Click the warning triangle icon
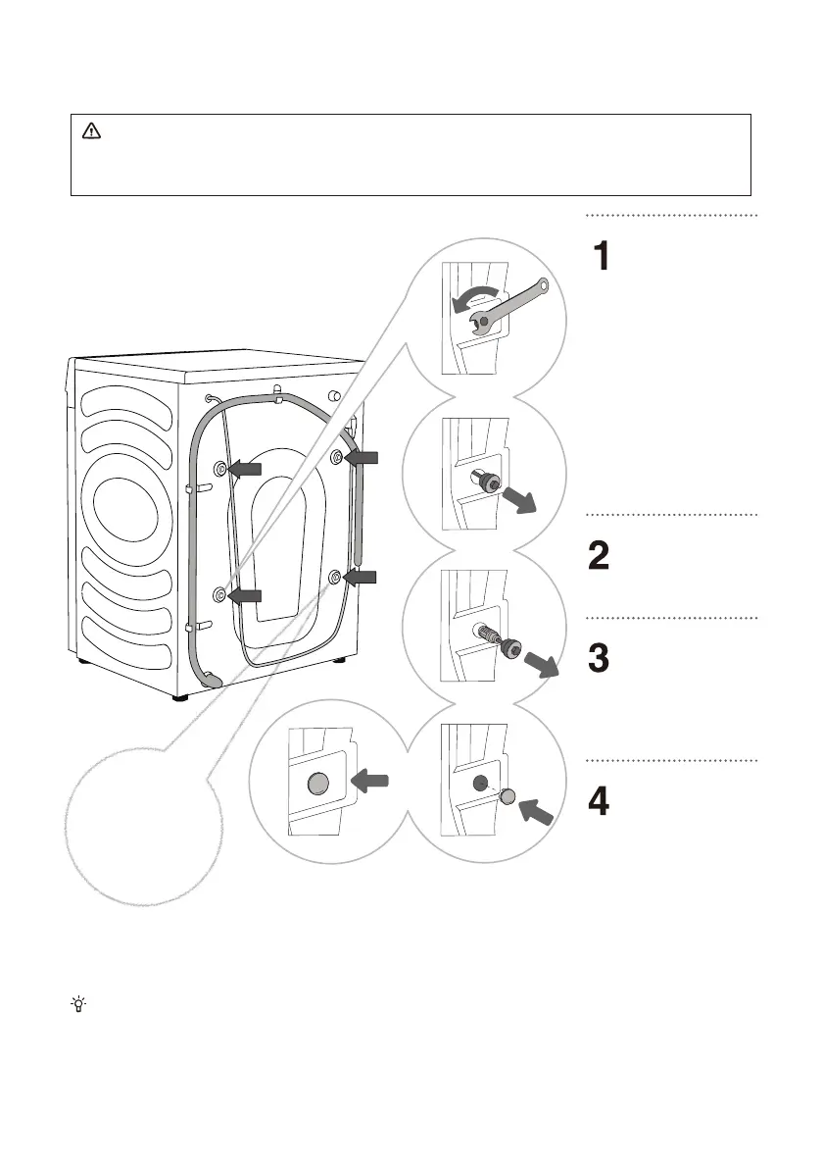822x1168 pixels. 91,131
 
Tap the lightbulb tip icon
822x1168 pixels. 78,1004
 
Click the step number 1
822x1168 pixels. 601,256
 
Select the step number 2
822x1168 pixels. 599,556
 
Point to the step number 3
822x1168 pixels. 599,658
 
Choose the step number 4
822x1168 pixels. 599,801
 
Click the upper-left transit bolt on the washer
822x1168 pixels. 220,468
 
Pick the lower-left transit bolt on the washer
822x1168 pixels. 220,593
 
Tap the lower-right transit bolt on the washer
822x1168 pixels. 335,576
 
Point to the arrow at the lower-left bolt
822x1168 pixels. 246,595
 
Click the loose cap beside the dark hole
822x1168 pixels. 508,797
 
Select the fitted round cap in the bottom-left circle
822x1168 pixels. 317,784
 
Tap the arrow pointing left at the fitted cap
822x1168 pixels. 369,781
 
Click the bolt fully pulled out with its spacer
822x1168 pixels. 497,640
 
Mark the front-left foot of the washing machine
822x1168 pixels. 180,698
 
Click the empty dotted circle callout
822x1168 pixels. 144,827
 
